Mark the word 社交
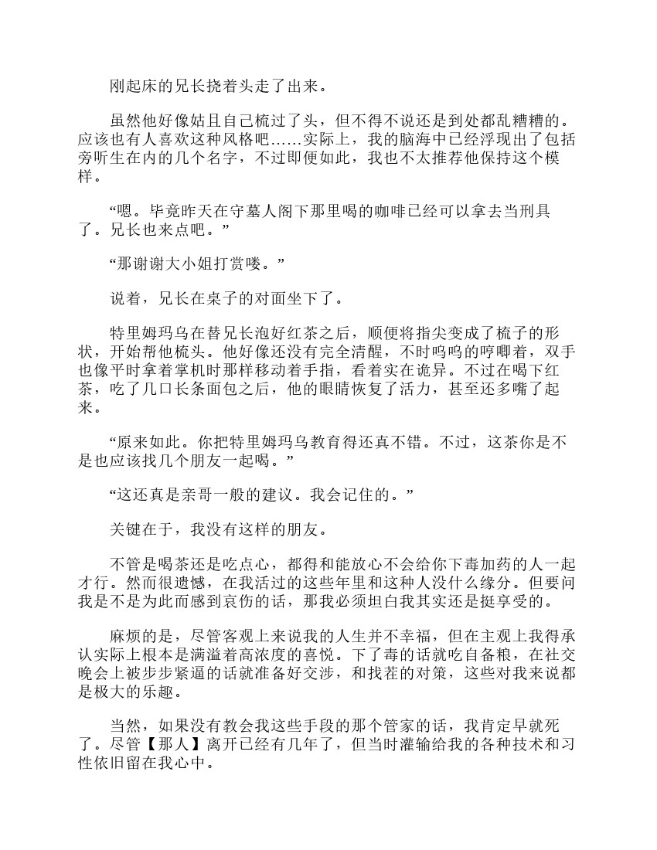click(x=562, y=654)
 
